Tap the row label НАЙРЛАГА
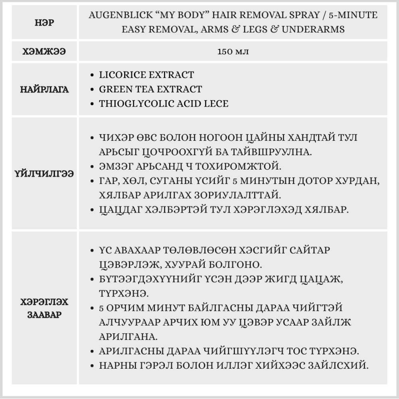[x=44, y=89]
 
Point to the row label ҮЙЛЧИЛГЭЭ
[x=44, y=174]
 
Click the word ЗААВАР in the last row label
[x=44, y=314]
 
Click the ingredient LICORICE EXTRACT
[x=146, y=75]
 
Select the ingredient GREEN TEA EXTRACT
[x=150, y=89]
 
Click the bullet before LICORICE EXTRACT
[x=93, y=75]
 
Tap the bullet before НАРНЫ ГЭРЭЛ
[x=93, y=365]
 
